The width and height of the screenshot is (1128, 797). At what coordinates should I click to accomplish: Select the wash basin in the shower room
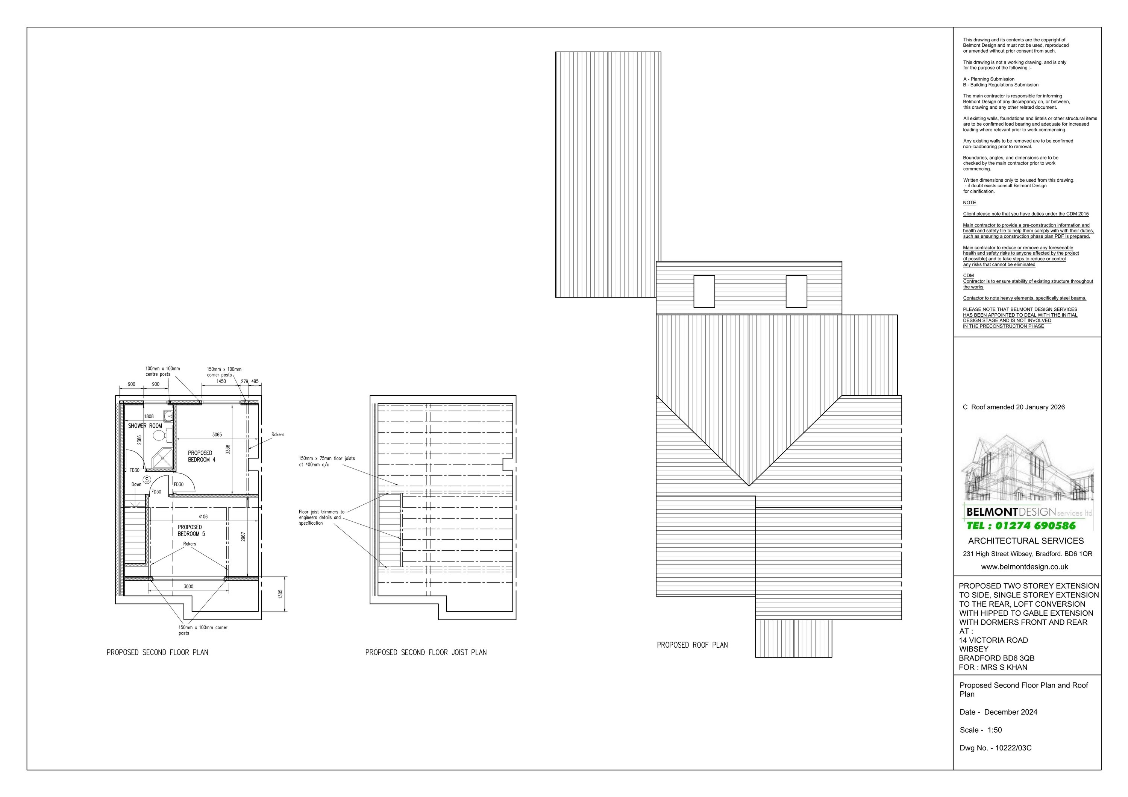click(x=168, y=416)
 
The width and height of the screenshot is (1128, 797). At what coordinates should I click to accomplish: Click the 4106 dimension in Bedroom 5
click(x=203, y=516)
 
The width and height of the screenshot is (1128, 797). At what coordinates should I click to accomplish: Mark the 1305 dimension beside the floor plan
click(x=280, y=594)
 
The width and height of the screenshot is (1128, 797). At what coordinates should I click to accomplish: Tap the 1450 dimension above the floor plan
click(x=221, y=381)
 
